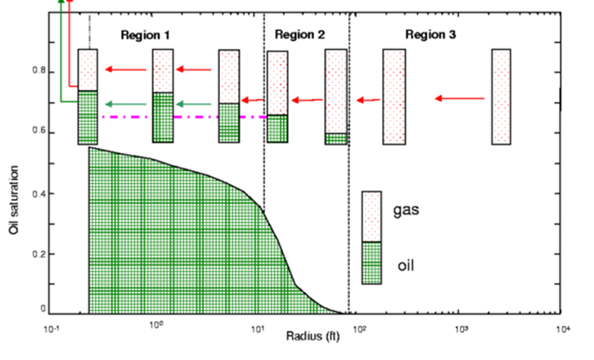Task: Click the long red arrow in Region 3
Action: (x=461, y=98)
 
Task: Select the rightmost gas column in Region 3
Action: (x=501, y=97)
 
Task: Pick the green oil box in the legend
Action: (x=372, y=263)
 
